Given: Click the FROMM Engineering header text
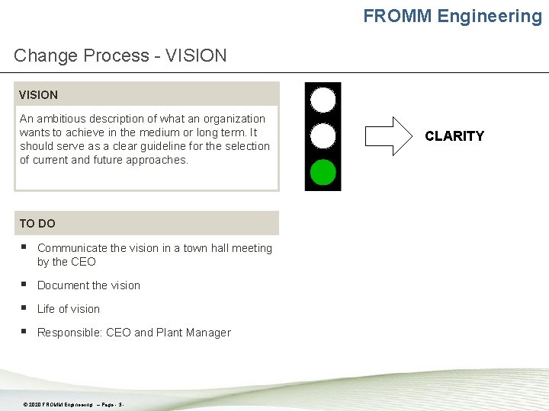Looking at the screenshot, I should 452,16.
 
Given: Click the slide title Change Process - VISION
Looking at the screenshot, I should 120,56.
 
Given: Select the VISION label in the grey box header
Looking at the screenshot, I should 39,95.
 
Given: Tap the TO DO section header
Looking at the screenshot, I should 37,224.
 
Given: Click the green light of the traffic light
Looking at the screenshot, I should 323,172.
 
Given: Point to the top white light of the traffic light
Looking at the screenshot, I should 323,100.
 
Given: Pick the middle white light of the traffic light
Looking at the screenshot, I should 323,136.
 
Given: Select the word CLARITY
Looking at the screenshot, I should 454,136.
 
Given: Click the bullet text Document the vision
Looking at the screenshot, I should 88,285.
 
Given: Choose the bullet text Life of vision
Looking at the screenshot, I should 69,309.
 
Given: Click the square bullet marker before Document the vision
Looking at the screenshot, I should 24,285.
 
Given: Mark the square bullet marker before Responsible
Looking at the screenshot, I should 24,332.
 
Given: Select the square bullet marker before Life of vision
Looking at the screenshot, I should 24,308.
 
